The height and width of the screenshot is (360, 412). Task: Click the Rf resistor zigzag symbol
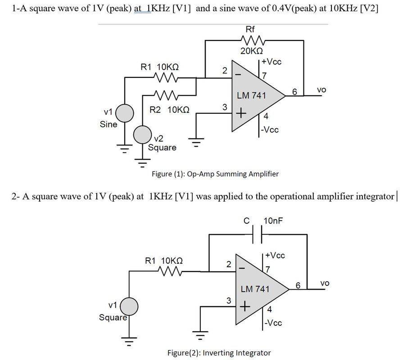(x=253, y=40)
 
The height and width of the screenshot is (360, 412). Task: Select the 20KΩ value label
(x=251, y=51)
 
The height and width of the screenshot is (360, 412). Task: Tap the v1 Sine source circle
(x=125, y=113)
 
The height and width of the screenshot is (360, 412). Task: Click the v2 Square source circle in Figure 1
(x=142, y=135)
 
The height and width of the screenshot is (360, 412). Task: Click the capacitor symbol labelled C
(x=257, y=234)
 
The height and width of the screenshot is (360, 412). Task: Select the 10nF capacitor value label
(x=273, y=220)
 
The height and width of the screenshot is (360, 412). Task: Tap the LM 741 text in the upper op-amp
(x=251, y=95)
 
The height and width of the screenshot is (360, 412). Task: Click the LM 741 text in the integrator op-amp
(x=255, y=289)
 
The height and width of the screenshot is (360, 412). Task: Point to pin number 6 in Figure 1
(x=294, y=92)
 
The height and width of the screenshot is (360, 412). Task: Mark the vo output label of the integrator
(x=325, y=283)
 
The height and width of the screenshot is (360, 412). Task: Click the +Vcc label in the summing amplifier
(x=272, y=62)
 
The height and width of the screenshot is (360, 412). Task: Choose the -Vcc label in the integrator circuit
(x=273, y=323)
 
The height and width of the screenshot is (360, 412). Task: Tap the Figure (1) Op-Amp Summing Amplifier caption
(x=215, y=174)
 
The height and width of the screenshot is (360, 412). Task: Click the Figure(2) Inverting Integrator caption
(x=219, y=353)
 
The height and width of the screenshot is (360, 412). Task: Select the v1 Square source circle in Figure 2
(x=129, y=306)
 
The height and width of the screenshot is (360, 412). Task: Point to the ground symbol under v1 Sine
(x=125, y=148)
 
